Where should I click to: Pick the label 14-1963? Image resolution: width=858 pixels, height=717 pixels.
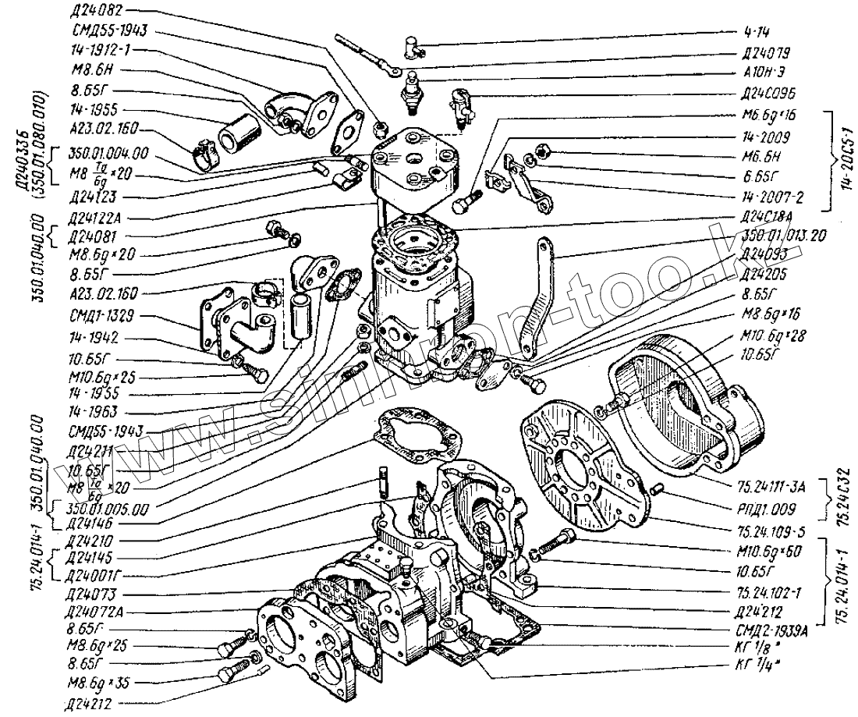click(90, 410)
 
